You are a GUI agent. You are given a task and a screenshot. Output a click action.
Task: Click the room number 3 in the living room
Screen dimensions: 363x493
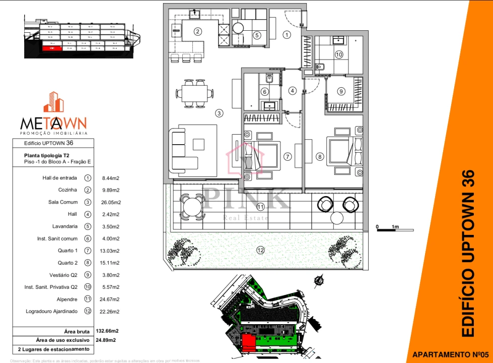(219, 113)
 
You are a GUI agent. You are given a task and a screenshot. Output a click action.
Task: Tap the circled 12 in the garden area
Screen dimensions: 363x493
(260, 250)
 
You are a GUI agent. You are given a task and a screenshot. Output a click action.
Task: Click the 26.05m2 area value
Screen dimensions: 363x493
(111, 202)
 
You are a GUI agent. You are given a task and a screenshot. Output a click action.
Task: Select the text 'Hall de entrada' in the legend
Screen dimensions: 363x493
(60, 178)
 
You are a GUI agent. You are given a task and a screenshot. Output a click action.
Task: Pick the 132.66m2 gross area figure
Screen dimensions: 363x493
(107, 331)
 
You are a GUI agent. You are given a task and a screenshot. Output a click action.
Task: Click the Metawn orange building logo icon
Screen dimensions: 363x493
(53, 102)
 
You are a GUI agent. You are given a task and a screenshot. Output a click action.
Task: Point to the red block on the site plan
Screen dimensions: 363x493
(248, 343)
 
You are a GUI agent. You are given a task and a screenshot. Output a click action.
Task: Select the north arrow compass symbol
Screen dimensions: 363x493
(318, 281)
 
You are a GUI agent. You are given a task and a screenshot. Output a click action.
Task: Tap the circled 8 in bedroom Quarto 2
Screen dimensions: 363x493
(319, 157)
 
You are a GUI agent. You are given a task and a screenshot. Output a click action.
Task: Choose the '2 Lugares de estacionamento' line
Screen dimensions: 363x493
(53, 349)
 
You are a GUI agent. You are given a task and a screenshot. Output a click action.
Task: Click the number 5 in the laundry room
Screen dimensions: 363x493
(257, 35)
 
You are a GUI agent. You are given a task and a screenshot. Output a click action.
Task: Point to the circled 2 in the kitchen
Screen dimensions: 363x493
(198, 32)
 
